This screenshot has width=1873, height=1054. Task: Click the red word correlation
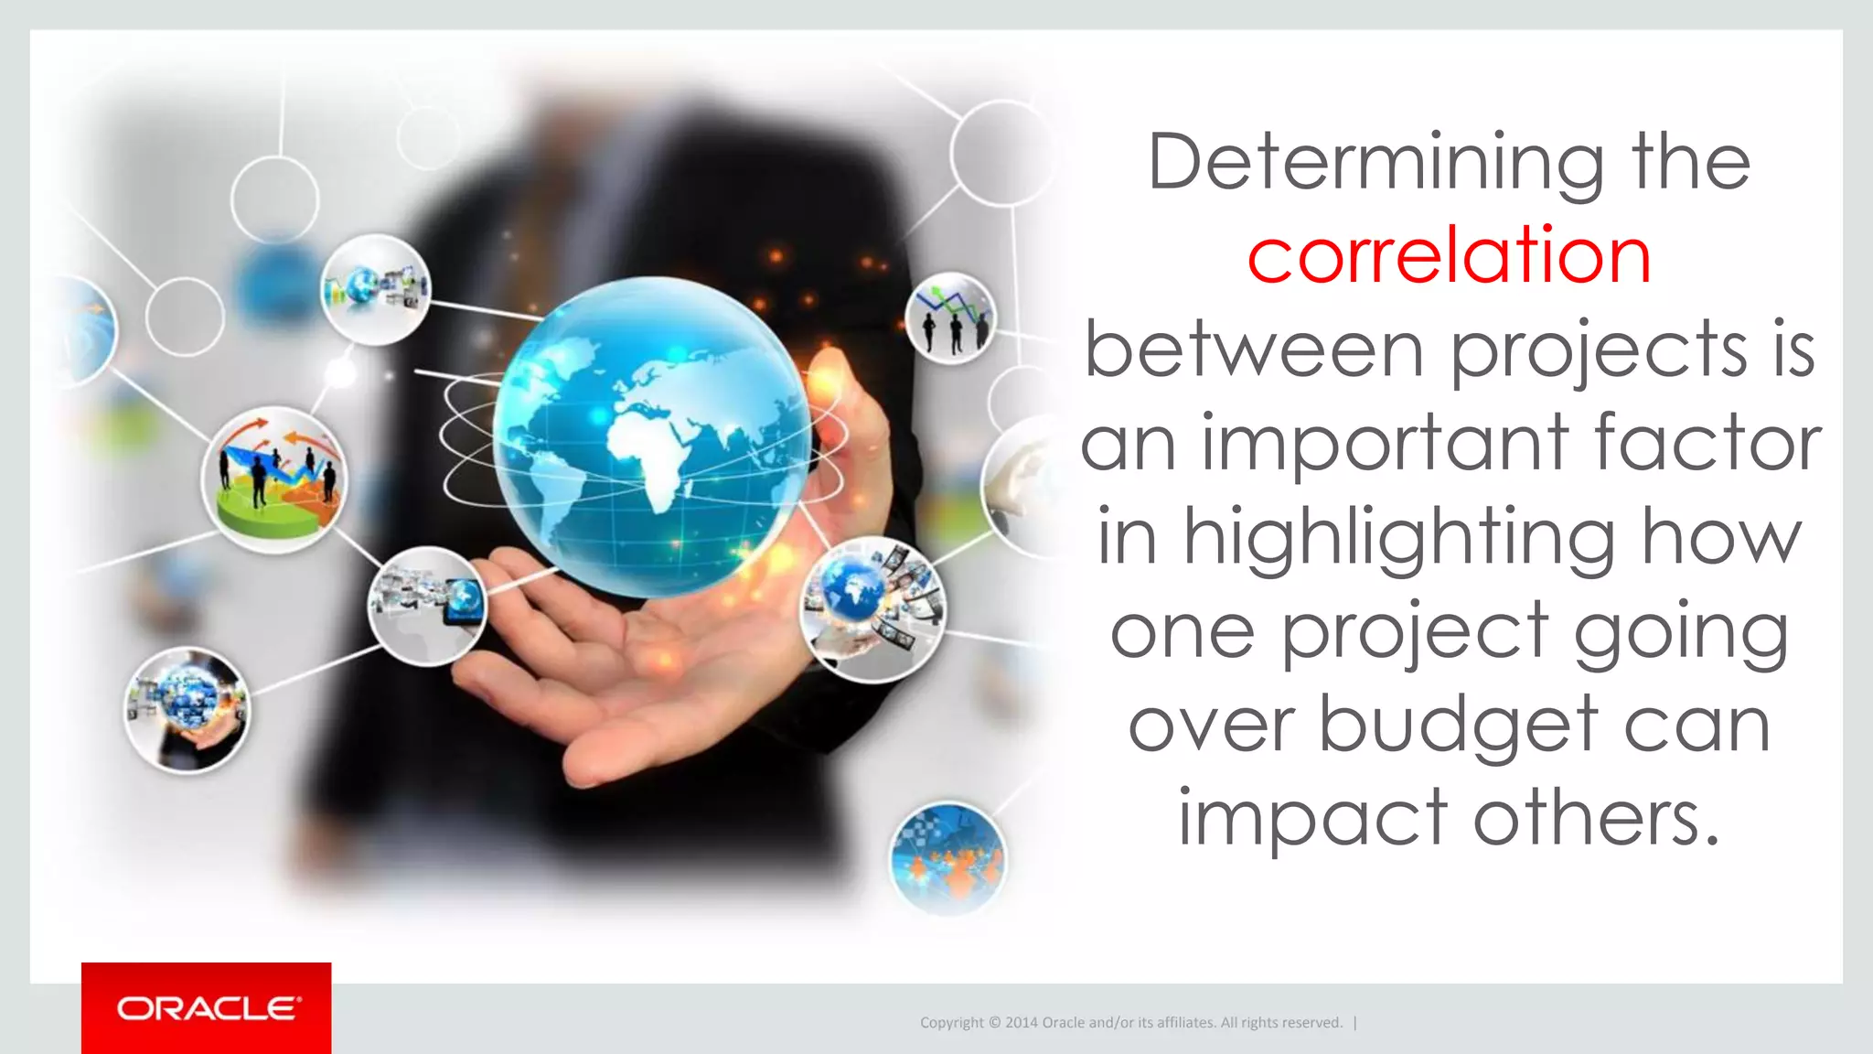click(1449, 256)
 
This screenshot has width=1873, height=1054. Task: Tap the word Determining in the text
click(1375, 163)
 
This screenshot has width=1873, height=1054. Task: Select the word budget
click(1460, 725)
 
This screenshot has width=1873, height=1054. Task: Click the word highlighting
click(1399, 538)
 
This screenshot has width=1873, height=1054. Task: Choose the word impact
click(1311, 818)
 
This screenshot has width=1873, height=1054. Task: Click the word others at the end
click(1595, 818)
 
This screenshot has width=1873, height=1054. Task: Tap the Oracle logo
click(207, 1008)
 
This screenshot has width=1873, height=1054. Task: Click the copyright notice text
click(1130, 1023)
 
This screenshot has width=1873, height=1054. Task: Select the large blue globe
click(651, 437)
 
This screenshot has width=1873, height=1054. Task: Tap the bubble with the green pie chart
click(274, 479)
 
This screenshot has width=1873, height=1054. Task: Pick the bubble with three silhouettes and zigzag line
click(951, 318)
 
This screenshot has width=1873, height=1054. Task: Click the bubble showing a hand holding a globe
click(187, 710)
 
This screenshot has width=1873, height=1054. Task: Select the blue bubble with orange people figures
click(947, 858)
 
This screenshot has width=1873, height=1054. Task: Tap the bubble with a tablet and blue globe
click(427, 605)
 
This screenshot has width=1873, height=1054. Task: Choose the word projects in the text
click(1599, 351)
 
